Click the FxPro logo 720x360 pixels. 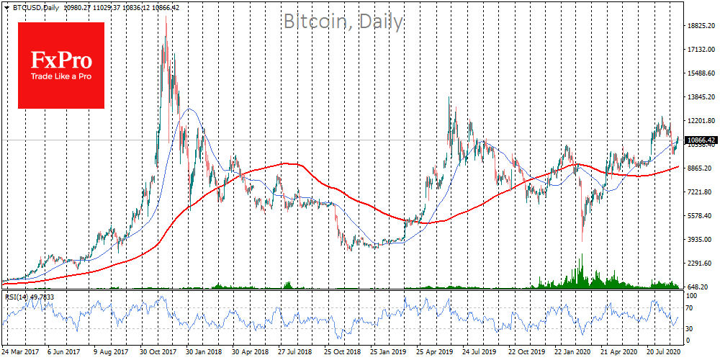pyautogui.click(x=61, y=65)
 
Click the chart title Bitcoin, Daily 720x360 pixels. pyautogui.click(x=343, y=22)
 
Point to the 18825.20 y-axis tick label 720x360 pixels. pyautogui.click(x=701, y=26)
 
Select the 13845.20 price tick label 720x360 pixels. pyautogui.click(x=701, y=97)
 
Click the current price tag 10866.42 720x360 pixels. pyautogui.click(x=701, y=140)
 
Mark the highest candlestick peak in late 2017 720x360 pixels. pyautogui.click(x=166, y=17)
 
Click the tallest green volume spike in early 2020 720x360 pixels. pyautogui.click(x=581, y=254)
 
